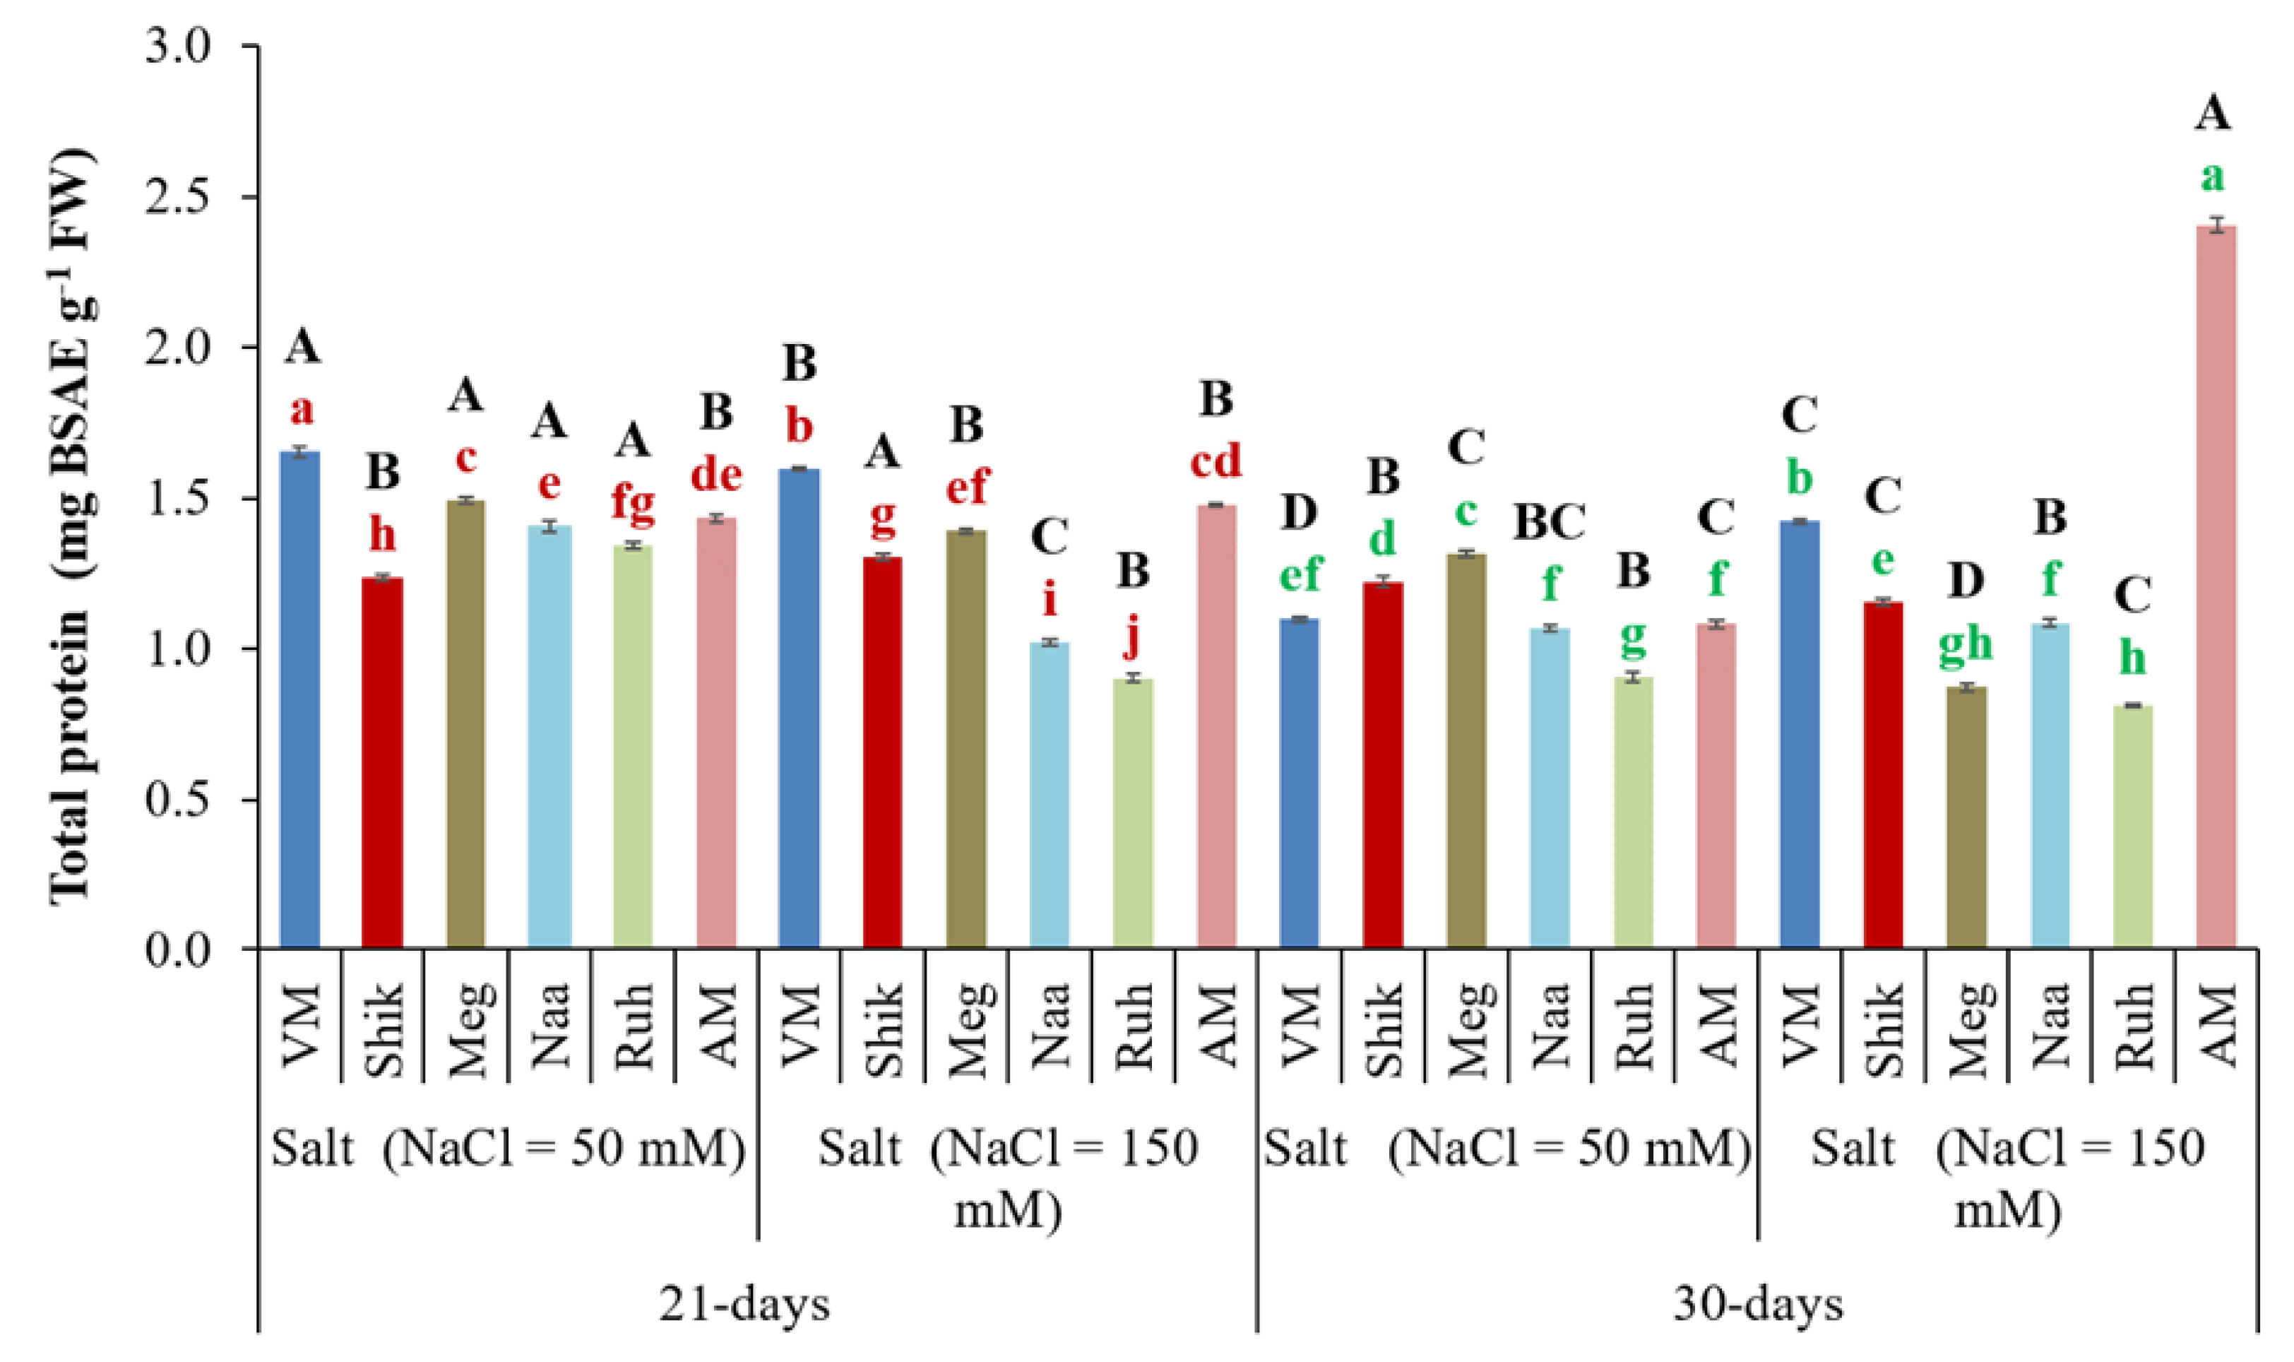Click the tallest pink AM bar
[x=2215, y=587]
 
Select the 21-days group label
[x=744, y=1304]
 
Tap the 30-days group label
[x=1758, y=1304]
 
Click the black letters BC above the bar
[x=1549, y=522]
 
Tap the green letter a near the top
[x=2212, y=176]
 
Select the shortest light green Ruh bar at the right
[x=2132, y=826]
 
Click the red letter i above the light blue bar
[x=1050, y=600]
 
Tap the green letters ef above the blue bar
[x=1300, y=574]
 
